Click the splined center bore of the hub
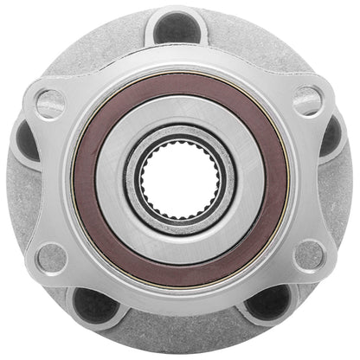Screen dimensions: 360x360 pyautogui.click(x=180, y=180)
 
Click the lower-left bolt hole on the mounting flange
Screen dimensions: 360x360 pyautogui.click(x=52, y=257)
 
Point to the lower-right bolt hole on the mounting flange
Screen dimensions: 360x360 pyautogui.click(x=309, y=257)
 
